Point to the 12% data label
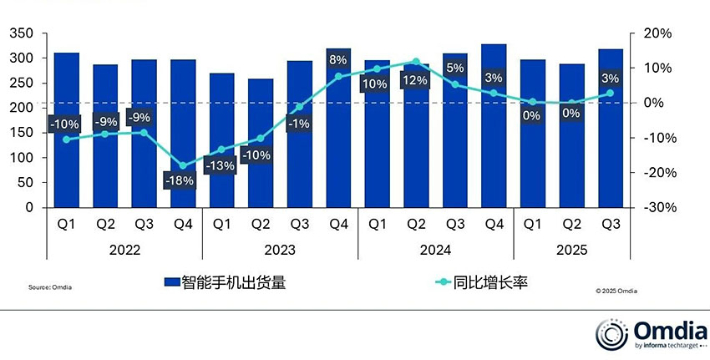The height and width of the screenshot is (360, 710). (x=415, y=80)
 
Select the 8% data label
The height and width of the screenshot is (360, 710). (x=337, y=59)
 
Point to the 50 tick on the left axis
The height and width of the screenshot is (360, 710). (x=25, y=182)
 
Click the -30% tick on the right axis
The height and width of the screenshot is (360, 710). (x=656, y=207)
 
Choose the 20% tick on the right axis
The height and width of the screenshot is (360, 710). (x=657, y=33)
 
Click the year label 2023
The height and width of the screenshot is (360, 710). (x=280, y=250)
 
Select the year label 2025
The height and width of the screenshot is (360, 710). (x=571, y=250)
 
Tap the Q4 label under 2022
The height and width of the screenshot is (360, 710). (x=183, y=224)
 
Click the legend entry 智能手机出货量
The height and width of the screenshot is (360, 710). (x=226, y=283)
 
